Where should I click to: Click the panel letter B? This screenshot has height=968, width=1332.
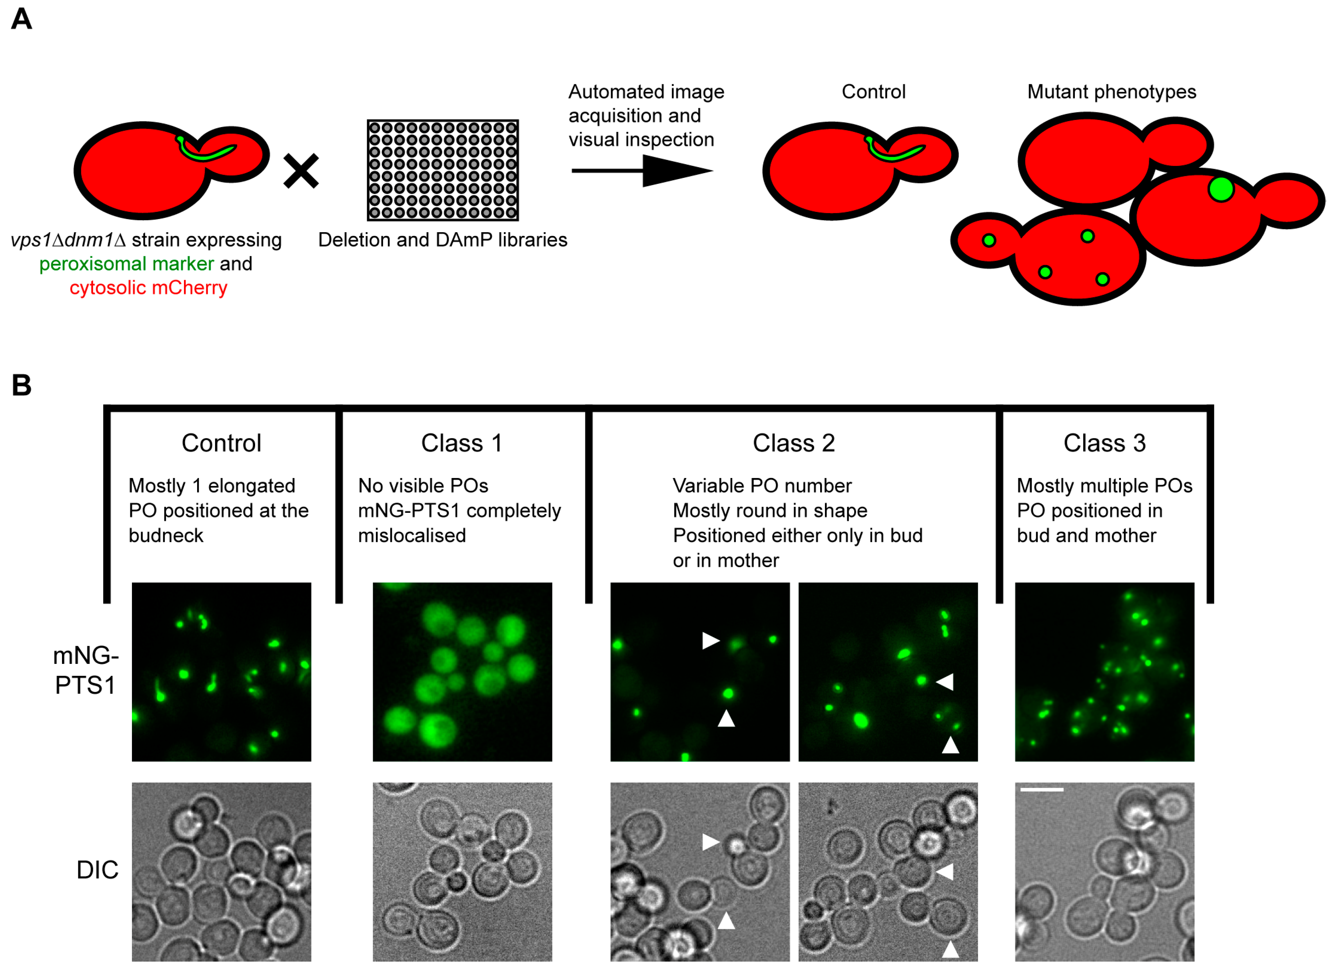tap(21, 385)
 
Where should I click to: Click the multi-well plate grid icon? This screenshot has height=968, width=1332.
tap(442, 170)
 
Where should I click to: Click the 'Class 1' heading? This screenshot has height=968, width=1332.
tap(461, 443)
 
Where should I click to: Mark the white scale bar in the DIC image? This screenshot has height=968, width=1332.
tap(1041, 789)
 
